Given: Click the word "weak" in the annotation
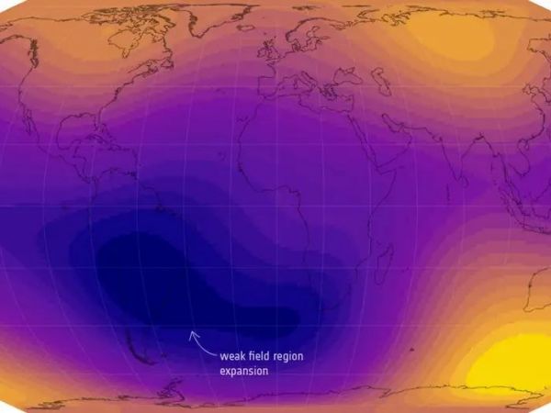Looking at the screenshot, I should (233, 356).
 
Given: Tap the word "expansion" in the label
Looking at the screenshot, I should (244, 372).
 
